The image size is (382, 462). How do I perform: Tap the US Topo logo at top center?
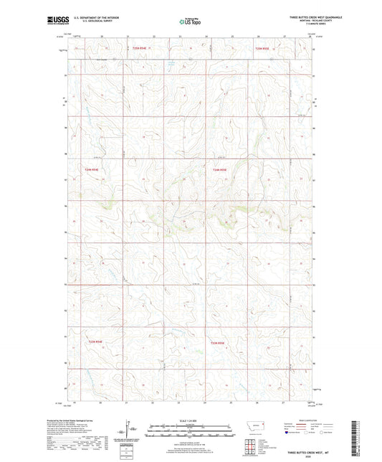point(190,22)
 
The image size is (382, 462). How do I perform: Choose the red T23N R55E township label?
point(217,343)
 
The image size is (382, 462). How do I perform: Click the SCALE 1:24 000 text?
point(190,420)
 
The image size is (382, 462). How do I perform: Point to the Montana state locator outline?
point(255,428)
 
